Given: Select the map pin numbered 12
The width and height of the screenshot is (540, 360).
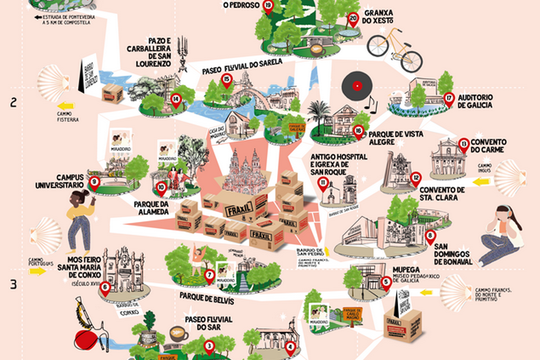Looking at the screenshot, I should [x=415, y=178].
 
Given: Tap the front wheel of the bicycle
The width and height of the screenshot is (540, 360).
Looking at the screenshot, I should [x=411, y=61].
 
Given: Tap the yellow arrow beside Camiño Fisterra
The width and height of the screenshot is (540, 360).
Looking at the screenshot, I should [x=66, y=106].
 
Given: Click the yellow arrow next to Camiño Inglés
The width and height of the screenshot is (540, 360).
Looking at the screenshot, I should [x=481, y=182].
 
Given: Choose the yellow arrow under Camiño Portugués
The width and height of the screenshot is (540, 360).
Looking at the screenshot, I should [x=39, y=271].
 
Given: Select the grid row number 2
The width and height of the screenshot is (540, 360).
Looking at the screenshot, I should [x=14, y=103].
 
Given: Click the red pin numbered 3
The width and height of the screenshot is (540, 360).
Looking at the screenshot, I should [x=208, y=346].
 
